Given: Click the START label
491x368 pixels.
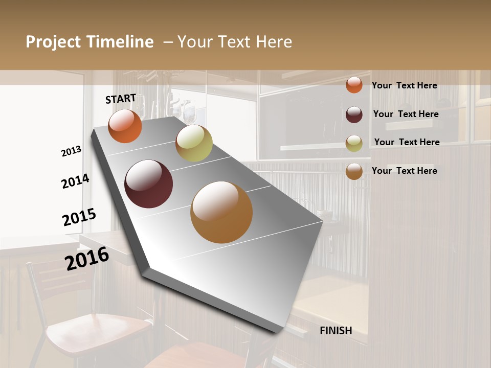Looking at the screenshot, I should click(x=121, y=99).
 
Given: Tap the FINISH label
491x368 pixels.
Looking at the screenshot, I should click(x=336, y=331).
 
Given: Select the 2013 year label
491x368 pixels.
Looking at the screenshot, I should click(x=72, y=151).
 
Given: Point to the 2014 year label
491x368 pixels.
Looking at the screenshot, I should click(x=76, y=181).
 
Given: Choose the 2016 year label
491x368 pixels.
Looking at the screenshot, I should click(x=87, y=258).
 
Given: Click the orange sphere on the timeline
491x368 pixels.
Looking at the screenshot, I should click(x=125, y=126).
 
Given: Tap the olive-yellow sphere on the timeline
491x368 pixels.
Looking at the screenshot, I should click(x=194, y=143).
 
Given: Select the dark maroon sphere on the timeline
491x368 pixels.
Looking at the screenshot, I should click(x=149, y=184).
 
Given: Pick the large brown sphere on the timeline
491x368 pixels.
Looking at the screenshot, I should click(x=221, y=212).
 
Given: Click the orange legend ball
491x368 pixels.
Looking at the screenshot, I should click(x=354, y=85).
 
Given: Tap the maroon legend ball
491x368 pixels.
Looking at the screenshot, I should click(x=354, y=114).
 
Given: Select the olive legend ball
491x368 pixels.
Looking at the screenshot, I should click(x=354, y=143).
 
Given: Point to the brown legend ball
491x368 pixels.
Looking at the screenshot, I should click(x=354, y=171).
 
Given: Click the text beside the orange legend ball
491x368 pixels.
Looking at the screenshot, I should click(x=404, y=85).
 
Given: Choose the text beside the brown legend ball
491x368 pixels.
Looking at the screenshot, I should click(x=404, y=171).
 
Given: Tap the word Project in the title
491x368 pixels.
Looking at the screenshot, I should click(x=53, y=42).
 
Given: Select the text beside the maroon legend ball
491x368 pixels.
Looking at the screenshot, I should click(x=406, y=114).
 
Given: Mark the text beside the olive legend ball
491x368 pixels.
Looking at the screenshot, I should click(x=407, y=142).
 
